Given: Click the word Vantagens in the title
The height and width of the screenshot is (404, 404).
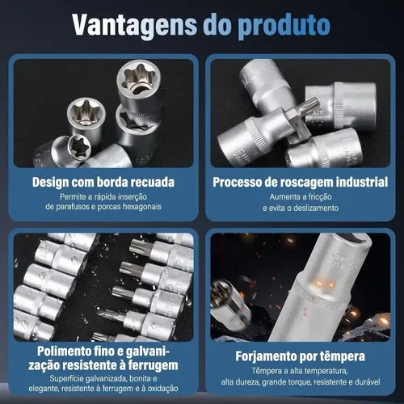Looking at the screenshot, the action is (135, 26).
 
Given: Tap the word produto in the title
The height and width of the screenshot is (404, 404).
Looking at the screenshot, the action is (284, 27).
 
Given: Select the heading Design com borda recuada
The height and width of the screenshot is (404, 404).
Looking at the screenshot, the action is (103, 183).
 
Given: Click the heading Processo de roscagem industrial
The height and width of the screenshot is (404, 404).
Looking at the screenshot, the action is (301, 183).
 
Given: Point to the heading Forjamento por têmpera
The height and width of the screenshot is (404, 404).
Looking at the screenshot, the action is (300, 356).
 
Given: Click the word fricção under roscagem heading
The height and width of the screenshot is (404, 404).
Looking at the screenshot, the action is (320, 197).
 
